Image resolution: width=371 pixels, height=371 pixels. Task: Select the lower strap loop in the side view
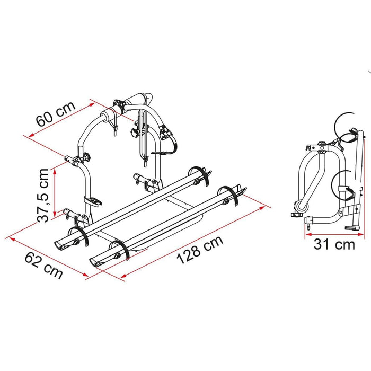[342, 183]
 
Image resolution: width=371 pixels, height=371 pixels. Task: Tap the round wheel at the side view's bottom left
[304, 205]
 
